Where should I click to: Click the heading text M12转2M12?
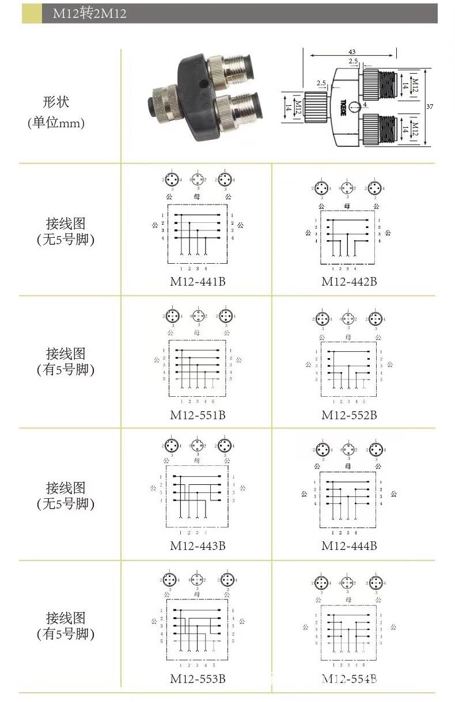(x=89, y=14)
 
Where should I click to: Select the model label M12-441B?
(x=197, y=282)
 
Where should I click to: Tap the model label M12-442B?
(x=349, y=282)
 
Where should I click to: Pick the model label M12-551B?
(x=197, y=415)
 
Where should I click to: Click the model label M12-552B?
(x=349, y=415)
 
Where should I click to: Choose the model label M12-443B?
(x=197, y=545)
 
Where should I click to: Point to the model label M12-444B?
(x=349, y=545)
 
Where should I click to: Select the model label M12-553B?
(x=197, y=679)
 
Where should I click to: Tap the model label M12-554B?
(x=349, y=679)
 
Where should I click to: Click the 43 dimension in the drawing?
(x=352, y=52)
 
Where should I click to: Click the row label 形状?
(x=56, y=102)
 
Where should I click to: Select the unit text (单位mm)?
(x=56, y=123)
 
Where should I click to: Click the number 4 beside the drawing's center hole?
(x=365, y=105)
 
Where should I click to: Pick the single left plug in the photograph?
(x=162, y=101)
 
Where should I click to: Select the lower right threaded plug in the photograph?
(x=237, y=111)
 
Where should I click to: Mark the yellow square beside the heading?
(x=32, y=14)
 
